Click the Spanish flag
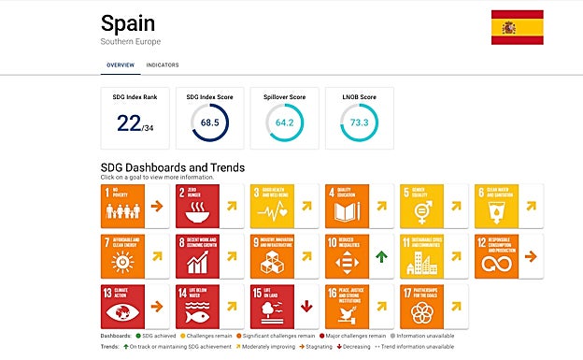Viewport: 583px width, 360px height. (517, 27)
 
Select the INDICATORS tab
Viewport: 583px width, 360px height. (163, 65)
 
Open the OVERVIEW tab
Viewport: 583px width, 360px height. (120, 65)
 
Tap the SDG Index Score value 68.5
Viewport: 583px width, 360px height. (209, 123)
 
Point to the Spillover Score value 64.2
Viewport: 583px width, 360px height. (284, 123)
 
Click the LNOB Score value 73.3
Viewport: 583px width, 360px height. (359, 123)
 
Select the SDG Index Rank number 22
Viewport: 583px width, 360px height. (129, 123)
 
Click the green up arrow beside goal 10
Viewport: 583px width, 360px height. (381, 256)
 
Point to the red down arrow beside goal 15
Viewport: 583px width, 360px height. (306, 306)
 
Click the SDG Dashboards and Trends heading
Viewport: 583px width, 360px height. (172, 168)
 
